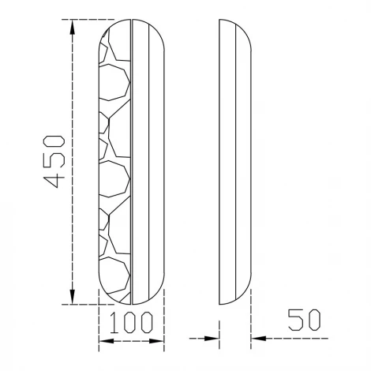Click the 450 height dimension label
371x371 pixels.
coord(54,162)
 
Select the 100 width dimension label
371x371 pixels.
coord(131,322)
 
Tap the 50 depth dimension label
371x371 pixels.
coord(305,320)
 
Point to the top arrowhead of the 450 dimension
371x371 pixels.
coord(72,27)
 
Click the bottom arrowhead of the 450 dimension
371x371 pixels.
coord(72,297)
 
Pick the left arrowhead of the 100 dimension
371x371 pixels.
coord(107,341)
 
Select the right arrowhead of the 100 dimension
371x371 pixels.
coord(156,341)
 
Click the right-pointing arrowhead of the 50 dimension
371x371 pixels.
coord(212,339)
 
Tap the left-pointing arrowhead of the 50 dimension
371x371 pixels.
coord(259,339)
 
